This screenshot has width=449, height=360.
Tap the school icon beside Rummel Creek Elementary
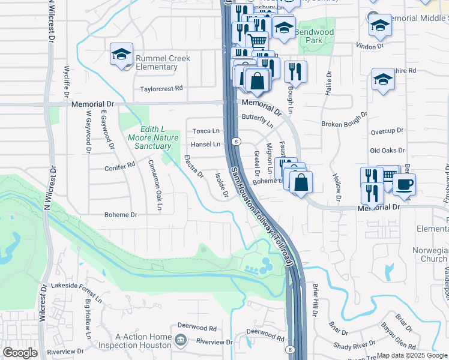122,55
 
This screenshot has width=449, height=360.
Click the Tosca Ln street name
205,131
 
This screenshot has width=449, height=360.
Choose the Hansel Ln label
205,144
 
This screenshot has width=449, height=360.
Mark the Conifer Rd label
120,169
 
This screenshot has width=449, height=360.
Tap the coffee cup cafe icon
404,184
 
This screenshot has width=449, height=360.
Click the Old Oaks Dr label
387,151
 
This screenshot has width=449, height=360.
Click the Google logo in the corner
20,353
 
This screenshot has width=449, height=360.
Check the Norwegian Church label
430,254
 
